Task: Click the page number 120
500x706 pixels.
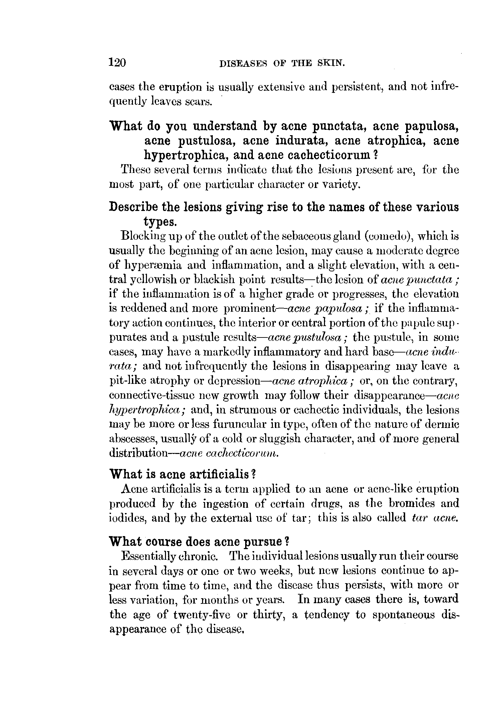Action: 117,62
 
